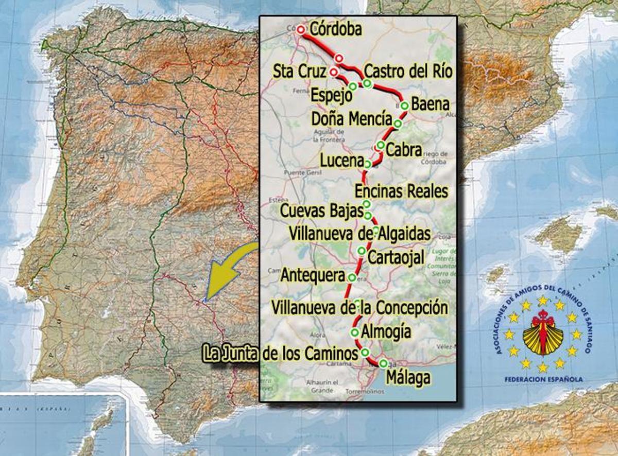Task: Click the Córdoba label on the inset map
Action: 336,29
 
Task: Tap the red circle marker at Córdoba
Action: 301,30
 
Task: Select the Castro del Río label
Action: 408,71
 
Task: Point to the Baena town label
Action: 431,104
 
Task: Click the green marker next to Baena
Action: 404,106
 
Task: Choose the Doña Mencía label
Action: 352,119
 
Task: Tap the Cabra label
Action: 404,150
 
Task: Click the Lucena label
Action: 341,161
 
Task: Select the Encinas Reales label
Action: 402,191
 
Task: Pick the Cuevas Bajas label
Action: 321,211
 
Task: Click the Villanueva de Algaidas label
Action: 359,233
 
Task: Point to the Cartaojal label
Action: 396,257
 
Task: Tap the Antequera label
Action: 312,276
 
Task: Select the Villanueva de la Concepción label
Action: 359,308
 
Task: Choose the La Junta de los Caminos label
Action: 281,354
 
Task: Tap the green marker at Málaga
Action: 383,363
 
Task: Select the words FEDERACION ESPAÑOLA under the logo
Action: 543,379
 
